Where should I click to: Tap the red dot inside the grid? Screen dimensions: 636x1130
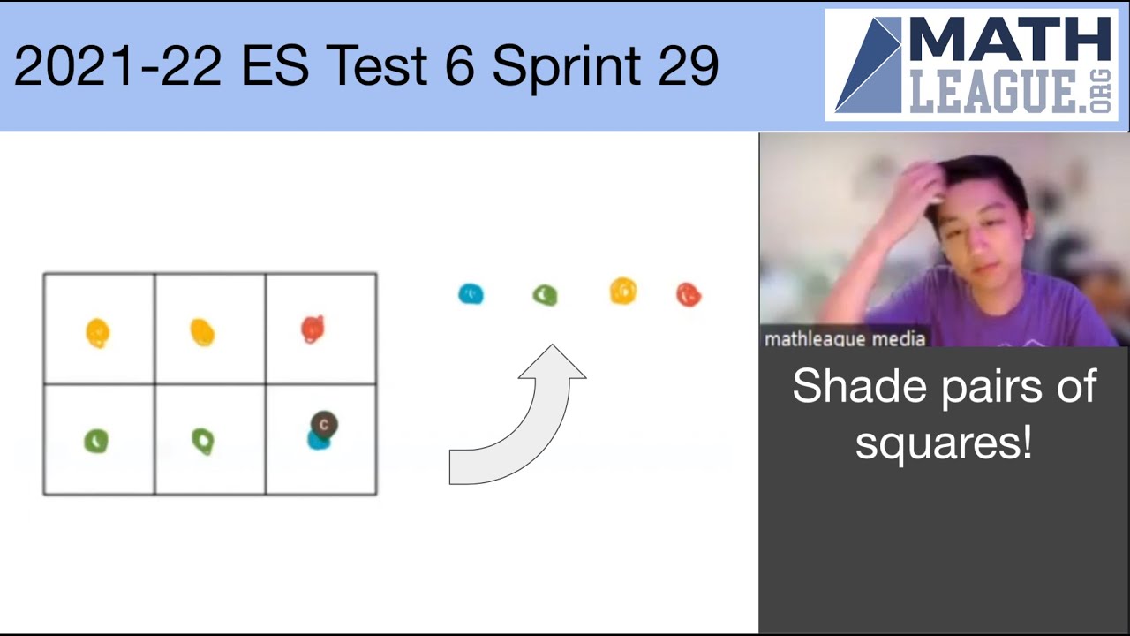coord(312,329)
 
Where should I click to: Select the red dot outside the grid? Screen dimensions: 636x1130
coord(688,294)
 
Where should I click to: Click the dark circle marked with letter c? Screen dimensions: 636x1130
coord(324,425)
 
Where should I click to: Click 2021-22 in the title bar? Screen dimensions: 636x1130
coord(117,66)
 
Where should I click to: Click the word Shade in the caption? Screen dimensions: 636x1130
coord(845,387)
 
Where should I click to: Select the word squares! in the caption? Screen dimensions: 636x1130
coord(943,442)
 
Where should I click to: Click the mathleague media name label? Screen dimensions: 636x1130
coord(844,338)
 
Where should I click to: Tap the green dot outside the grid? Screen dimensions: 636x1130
coord(545,295)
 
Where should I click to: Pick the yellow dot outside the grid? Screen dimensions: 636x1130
coord(622,291)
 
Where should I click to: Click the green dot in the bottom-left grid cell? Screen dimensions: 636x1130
coord(96,440)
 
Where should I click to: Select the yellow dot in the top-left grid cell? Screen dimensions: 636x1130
coord(97,332)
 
